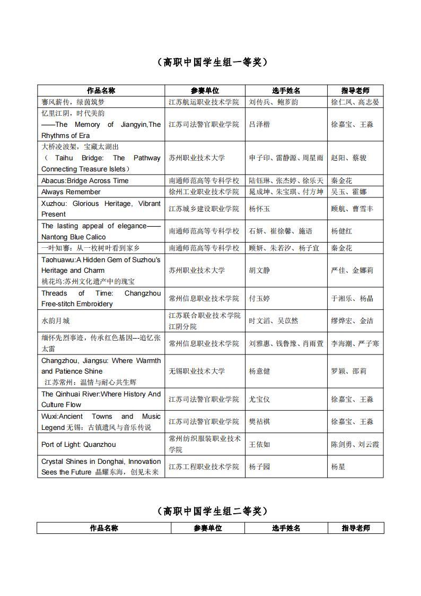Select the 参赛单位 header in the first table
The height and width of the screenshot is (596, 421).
coord(205,91)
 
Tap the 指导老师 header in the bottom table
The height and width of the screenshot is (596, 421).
coord(356,528)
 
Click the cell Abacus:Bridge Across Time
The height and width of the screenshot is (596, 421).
coord(85,180)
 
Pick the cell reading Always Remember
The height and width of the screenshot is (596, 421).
coord(71,192)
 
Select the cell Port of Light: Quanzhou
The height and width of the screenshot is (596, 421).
coord(78,444)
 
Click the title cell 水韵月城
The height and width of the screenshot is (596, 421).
coord(56,321)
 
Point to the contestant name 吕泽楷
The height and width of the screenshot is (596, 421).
coord(259,124)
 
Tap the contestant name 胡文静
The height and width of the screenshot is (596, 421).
coord(259,270)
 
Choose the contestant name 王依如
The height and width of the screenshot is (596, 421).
coord(259,444)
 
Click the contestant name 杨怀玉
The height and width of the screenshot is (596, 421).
coord(259,209)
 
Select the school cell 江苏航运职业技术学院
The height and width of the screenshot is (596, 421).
coord(204,102)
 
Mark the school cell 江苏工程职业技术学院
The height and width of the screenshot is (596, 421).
coord(204,467)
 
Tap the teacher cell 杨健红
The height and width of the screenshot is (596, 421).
coord(341,231)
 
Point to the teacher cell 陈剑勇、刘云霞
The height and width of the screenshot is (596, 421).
coord(355,444)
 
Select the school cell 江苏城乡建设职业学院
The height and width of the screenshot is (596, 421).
coord(204,209)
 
